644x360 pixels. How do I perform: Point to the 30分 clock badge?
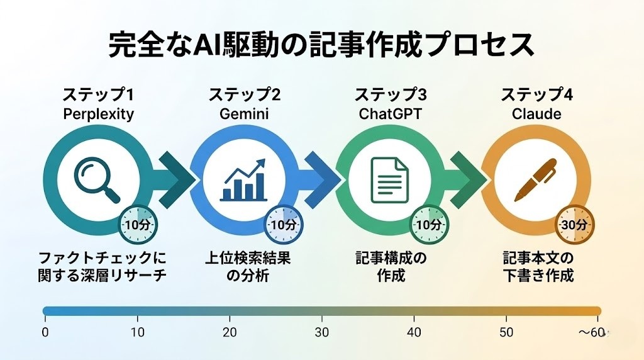(574, 224)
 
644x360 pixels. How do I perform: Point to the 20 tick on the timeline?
(230, 332)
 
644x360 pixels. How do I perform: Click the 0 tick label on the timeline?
(45, 332)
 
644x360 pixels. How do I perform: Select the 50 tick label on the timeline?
(506, 332)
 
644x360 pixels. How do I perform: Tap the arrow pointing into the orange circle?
(469, 179)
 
